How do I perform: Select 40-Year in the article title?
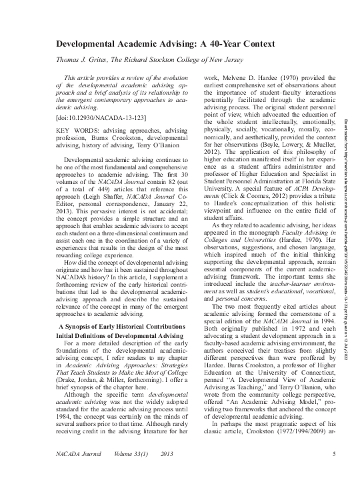click(x=241, y=42)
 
